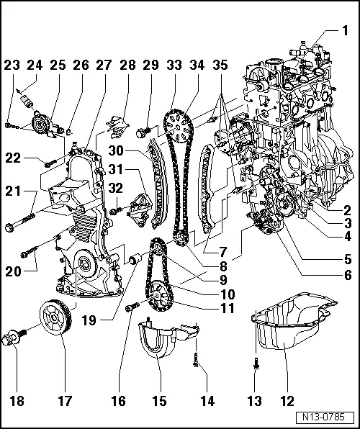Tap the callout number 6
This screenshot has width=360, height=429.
click(346, 274)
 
